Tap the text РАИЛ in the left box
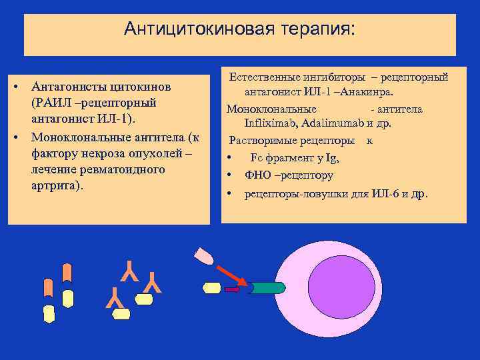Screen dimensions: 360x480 point(51,103)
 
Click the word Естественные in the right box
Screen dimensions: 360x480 point(263,77)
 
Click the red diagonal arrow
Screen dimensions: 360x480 point(232,273)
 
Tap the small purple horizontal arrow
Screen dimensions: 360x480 point(232,289)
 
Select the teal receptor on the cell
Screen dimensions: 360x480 point(266,288)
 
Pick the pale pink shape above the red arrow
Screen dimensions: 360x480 point(203,256)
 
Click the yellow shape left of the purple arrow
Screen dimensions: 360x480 point(211,288)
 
